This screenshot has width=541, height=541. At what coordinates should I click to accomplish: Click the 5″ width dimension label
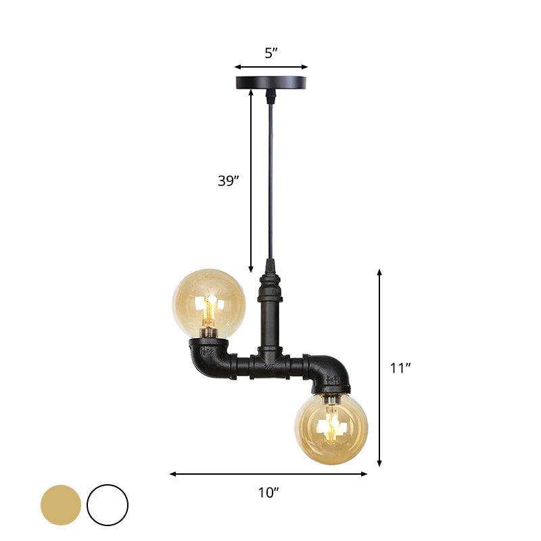coord(271,53)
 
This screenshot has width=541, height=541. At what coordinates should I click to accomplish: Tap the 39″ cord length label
coord(228,181)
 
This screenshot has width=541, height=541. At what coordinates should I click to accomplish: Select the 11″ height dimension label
coord(400,369)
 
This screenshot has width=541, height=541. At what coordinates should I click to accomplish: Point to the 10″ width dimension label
coord(268,493)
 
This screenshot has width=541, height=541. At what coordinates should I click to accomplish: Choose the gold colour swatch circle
coord(60,504)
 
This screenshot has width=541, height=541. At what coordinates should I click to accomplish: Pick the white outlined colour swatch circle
coord(108,504)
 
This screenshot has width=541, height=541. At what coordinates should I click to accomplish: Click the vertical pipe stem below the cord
coord(268,318)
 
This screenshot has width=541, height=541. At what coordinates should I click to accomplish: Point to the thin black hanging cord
coord(270,176)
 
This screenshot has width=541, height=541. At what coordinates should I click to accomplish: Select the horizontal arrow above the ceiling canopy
coord(271,67)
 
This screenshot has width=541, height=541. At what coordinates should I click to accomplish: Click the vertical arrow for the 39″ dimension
coord(252,181)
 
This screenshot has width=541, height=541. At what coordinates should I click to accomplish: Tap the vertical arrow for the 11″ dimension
coord(379,369)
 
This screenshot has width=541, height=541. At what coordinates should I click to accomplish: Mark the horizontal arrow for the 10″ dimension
coord(268,474)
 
